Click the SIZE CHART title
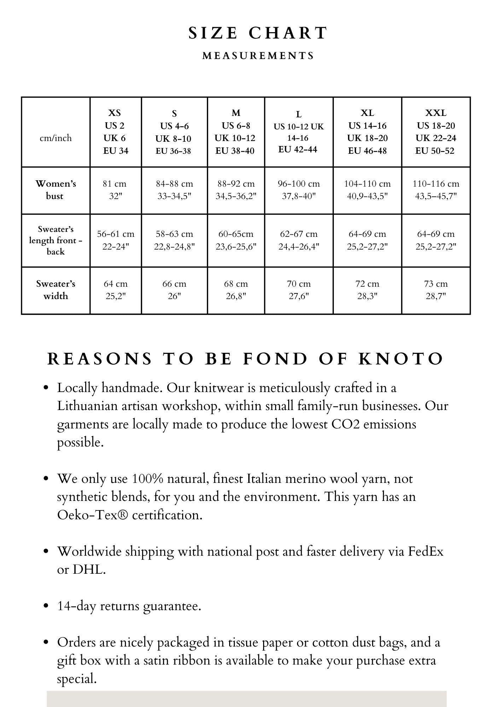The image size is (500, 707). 258,33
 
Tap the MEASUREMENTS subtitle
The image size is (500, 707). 258,56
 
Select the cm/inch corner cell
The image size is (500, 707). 56,138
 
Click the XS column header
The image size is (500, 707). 115,132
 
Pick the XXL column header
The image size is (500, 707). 436,132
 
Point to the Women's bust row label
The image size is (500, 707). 56,190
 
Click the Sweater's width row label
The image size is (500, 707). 56,290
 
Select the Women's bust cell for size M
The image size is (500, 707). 236,190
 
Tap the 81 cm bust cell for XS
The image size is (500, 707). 115,190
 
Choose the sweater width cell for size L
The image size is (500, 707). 298,290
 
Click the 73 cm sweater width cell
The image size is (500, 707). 436,290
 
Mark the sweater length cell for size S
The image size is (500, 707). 174,240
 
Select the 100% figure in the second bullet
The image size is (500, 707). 147,479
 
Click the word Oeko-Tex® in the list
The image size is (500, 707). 92,515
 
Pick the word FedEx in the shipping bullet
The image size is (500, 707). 426,551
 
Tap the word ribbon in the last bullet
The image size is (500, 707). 194,660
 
